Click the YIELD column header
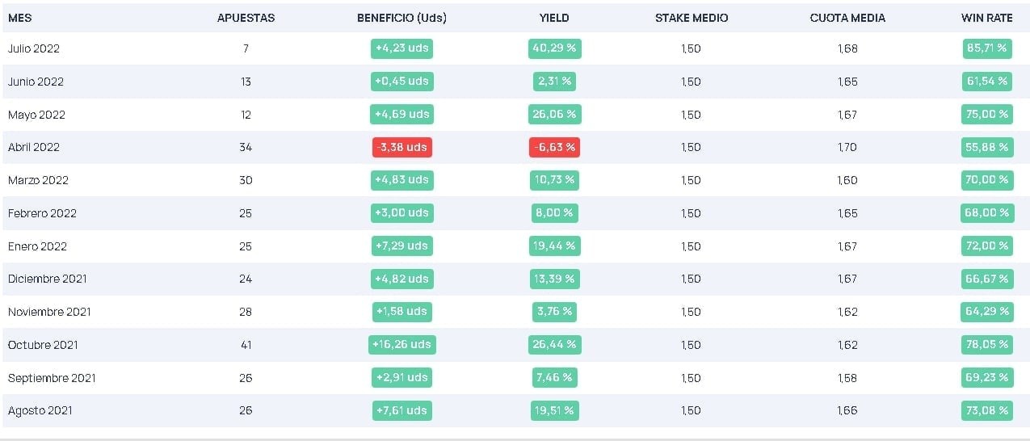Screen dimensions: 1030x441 554,18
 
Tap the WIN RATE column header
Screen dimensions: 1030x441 986,18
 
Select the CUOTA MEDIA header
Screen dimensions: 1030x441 847,18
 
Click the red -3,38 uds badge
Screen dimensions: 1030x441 401,147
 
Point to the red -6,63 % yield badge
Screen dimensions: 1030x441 554,147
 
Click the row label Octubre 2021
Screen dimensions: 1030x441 43,345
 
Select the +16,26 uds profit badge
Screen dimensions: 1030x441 401,344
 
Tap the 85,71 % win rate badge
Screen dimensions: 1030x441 986,48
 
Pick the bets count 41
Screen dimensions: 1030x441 246,345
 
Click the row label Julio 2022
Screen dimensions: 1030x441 34,48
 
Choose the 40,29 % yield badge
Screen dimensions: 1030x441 554,48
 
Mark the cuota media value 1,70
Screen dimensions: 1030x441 847,147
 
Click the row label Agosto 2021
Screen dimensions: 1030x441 40,410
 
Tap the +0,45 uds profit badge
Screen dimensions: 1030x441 401,82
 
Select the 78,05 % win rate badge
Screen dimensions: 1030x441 986,344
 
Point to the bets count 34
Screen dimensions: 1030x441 246,147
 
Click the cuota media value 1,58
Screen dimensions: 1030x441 847,378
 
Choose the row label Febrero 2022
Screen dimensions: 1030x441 42,213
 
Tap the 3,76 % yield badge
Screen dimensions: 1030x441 554,311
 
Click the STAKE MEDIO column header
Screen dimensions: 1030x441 692,18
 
